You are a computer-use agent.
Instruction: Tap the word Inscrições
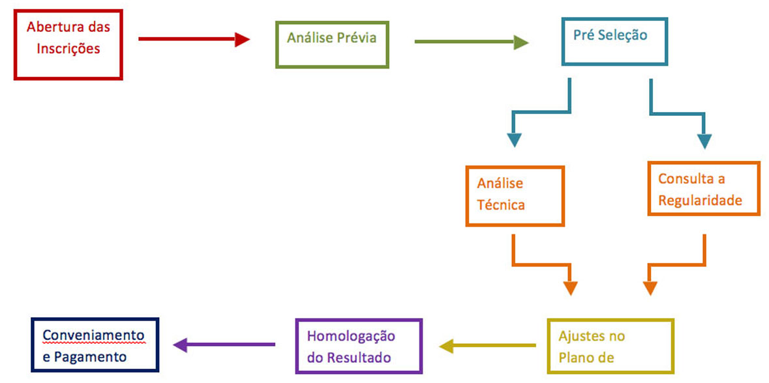68,49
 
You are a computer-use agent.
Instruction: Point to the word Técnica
501,205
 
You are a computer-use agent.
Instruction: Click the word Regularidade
700,200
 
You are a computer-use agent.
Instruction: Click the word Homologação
351,337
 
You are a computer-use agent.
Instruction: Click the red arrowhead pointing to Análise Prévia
243,40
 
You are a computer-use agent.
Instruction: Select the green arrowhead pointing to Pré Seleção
520,43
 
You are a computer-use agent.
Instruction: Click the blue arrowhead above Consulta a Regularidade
704,141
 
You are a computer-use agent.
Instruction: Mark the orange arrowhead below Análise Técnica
570,287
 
